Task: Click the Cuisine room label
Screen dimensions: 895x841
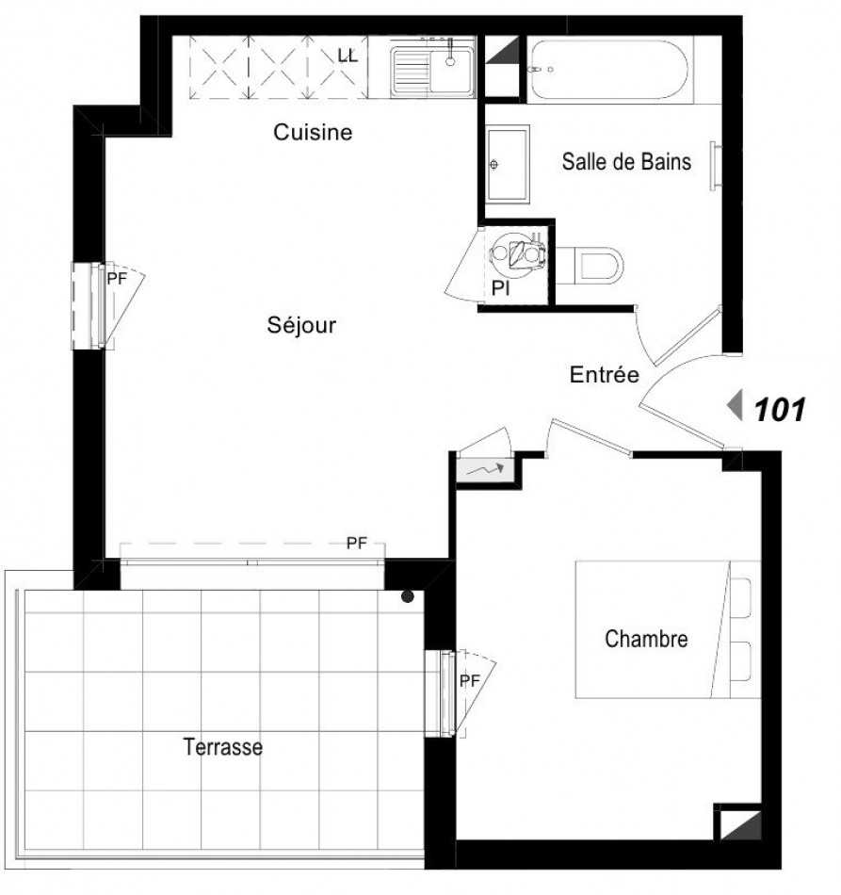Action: [313, 133]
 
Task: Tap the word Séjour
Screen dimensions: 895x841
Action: [301, 325]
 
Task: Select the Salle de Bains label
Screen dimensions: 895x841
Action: [626, 162]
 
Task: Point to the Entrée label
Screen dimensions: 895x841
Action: [605, 375]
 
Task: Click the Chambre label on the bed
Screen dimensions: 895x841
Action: [645, 640]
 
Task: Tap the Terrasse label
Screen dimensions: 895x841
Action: [222, 748]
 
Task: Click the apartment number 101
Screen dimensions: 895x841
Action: [778, 409]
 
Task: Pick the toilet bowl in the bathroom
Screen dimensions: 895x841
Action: [593, 264]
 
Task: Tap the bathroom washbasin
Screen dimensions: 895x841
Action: [508, 163]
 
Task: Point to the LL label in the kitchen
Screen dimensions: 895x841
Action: [348, 57]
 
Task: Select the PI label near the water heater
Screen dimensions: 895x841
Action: [501, 289]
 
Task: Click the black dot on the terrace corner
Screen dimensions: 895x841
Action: [408, 595]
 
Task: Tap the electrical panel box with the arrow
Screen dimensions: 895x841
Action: [484, 465]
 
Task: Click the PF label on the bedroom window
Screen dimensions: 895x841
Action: [469, 680]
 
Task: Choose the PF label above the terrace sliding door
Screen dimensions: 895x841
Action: [356, 543]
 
